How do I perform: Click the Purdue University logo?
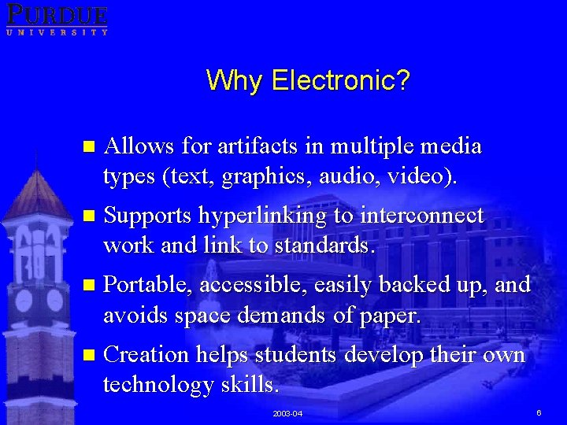57,19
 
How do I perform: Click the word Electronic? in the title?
341,80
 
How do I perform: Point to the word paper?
393,315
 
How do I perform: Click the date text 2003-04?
287,413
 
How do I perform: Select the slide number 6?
539,412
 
